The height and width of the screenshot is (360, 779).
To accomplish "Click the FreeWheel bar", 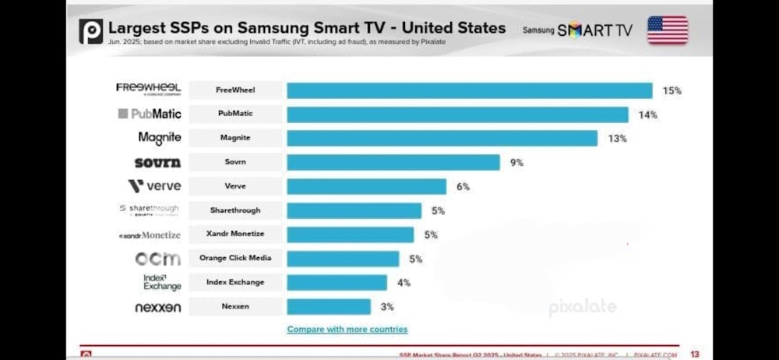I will pyautogui.click(x=469, y=90).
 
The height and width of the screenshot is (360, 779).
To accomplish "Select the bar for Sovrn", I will pyautogui.click(x=393, y=162).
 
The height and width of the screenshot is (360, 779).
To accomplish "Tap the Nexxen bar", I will pyautogui.click(x=328, y=306).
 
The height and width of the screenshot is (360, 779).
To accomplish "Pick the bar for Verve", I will pyautogui.click(x=366, y=186).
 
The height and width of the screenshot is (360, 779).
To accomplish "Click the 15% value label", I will pyautogui.click(x=671, y=90).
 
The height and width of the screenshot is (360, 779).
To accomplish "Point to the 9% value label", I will pyautogui.click(x=516, y=163).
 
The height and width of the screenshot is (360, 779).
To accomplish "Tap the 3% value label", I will pyautogui.click(x=385, y=307).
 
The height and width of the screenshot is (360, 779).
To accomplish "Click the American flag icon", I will pyautogui.click(x=668, y=30).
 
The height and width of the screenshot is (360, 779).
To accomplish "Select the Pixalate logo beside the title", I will pyautogui.click(x=90, y=31).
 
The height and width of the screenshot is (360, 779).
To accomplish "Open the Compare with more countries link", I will pyautogui.click(x=347, y=329).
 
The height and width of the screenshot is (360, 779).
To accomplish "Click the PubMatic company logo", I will pyautogui.click(x=150, y=114).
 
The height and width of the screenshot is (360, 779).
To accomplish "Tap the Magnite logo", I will pyautogui.click(x=160, y=138).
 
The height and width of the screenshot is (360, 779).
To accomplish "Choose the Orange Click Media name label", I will pyautogui.click(x=235, y=259).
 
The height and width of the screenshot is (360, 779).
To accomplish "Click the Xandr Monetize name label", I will pyautogui.click(x=235, y=235).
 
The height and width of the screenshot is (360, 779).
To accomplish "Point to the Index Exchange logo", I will pyautogui.click(x=162, y=282).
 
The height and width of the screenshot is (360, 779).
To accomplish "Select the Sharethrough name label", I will pyautogui.click(x=235, y=210).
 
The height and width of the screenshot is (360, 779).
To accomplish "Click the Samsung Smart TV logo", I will pyautogui.click(x=577, y=30).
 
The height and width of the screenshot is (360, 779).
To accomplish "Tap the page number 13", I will pyautogui.click(x=694, y=354).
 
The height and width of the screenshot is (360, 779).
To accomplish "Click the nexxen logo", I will pyautogui.click(x=157, y=308).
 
